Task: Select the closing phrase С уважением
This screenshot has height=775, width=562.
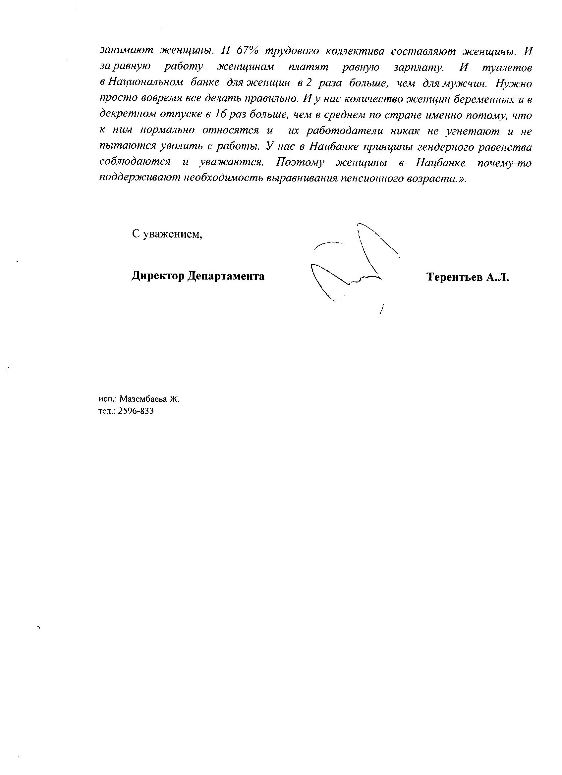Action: coord(167,234)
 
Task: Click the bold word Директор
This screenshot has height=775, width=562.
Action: coord(158,276)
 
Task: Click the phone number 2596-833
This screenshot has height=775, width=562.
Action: coord(136,411)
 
